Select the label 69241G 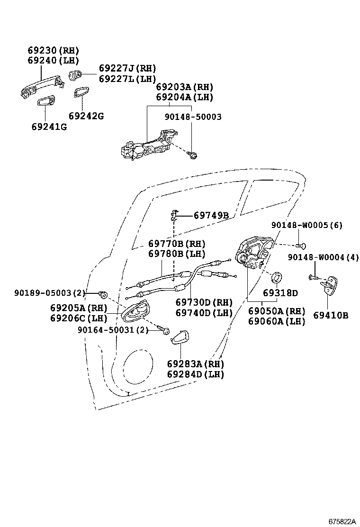click(x=49, y=127)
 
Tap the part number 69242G click(x=86, y=116)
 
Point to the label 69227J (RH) click(x=127, y=69)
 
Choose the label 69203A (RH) click(x=185, y=87)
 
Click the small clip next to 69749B click(x=174, y=216)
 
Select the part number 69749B click(x=211, y=216)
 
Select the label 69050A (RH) click(x=277, y=311)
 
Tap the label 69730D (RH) click(x=204, y=302)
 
